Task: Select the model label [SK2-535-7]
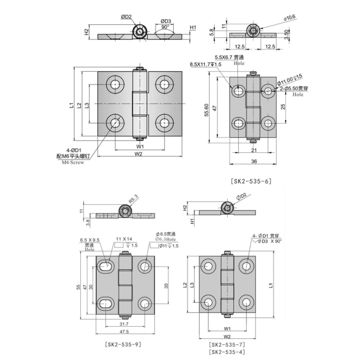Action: [x=226, y=345]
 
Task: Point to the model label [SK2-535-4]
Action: [x=226, y=352]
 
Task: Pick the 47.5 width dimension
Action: [x=125, y=332]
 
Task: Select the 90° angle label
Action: [x=165, y=27]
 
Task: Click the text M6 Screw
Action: [x=73, y=162]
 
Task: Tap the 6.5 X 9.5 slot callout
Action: [x=90, y=239]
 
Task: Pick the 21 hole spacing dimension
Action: [x=253, y=150]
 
